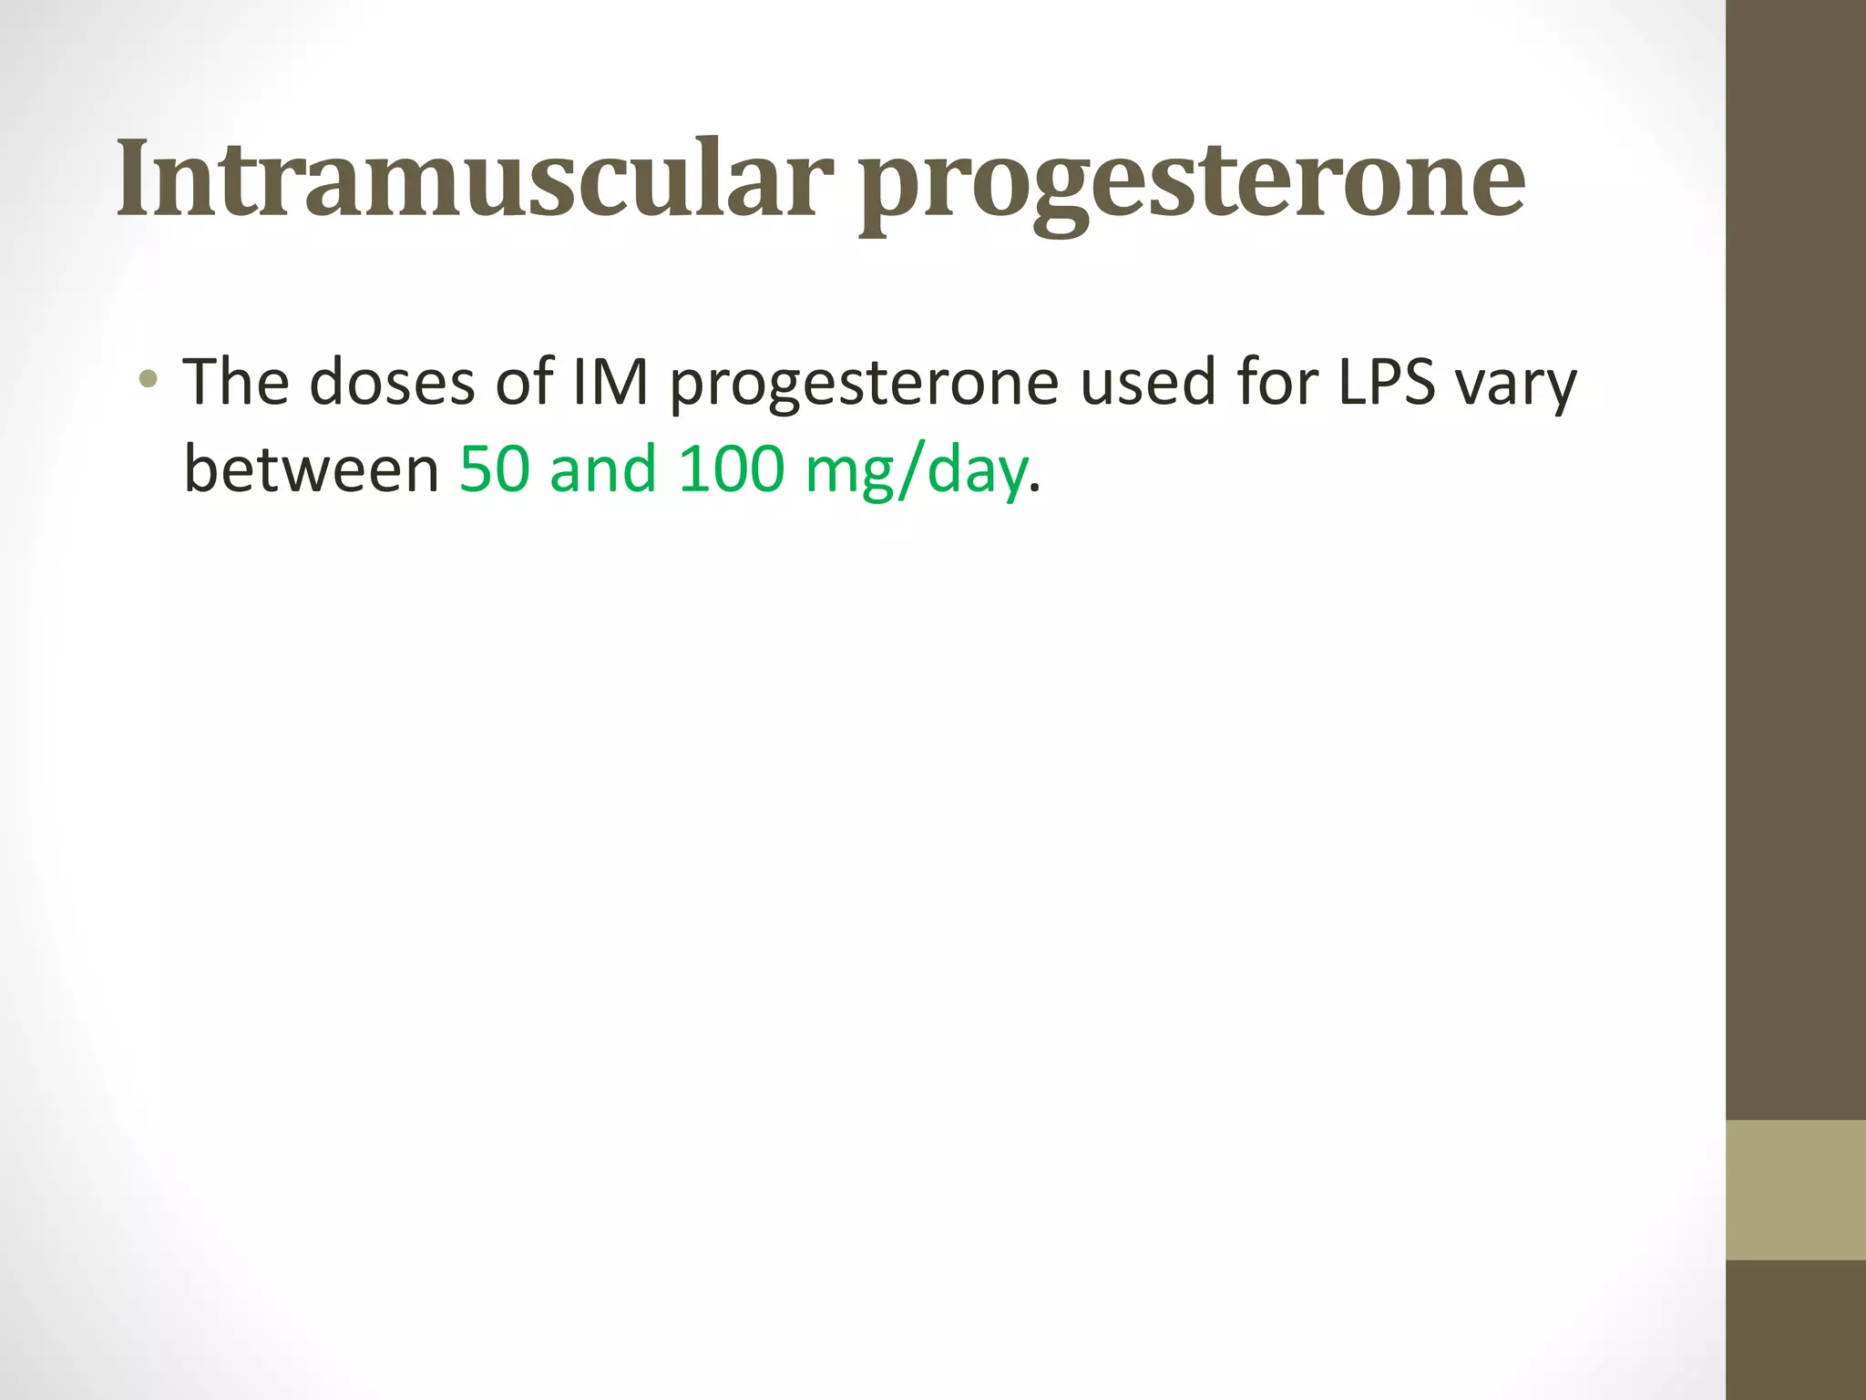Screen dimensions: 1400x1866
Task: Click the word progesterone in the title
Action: pyautogui.click(x=1192, y=182)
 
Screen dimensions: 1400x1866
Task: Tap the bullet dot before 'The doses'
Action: pyautogui.click(x=149, y=378)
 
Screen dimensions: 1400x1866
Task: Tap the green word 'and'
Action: pyautogui.click(x=602, y=469)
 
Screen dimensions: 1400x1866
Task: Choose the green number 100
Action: pyautogui.click(x=731, y=469)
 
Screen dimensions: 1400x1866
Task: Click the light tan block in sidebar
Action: pyautogui.click(x=1795, y=1189)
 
